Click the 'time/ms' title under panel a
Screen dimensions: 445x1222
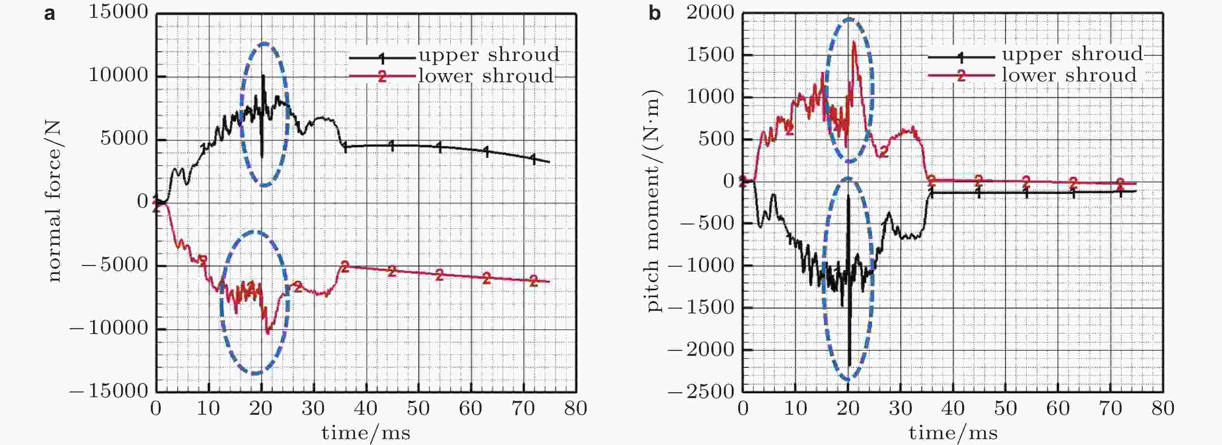point(366,433)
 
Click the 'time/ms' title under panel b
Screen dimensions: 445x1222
point(953,433)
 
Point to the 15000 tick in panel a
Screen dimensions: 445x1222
point(119,12)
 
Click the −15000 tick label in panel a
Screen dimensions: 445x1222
point(109,391)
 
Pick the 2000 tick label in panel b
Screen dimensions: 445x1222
point(710,12)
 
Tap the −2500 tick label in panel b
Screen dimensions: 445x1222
point(701,391)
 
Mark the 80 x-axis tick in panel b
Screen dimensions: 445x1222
point(1163,409)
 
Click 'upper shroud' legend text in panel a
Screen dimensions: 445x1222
point(489,55)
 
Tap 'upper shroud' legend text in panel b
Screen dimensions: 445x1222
point(1073,54)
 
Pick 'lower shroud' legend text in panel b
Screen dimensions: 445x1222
point(1069,75)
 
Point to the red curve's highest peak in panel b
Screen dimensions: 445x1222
point(854,42)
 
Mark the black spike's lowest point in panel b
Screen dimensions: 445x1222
point(849,365)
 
